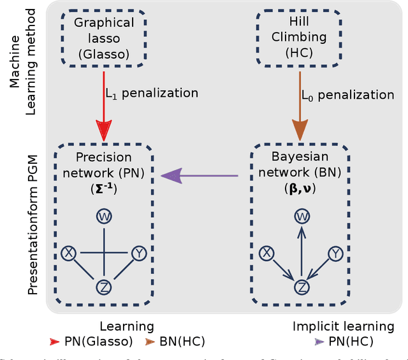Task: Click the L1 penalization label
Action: [x=152, y=93]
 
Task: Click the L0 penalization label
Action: [x=348, y=95]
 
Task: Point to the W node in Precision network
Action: [x=103, y=217]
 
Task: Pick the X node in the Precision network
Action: [x=68, y=254]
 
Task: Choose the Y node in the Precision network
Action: [x=138, y=254]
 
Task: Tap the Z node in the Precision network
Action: [x=103, y=287]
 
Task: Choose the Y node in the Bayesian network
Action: [x=335, y=254]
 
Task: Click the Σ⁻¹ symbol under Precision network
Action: [x=103, y=189]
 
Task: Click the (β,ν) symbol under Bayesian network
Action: [x=300, y=189]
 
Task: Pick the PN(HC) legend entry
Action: [x=344, y=342]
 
